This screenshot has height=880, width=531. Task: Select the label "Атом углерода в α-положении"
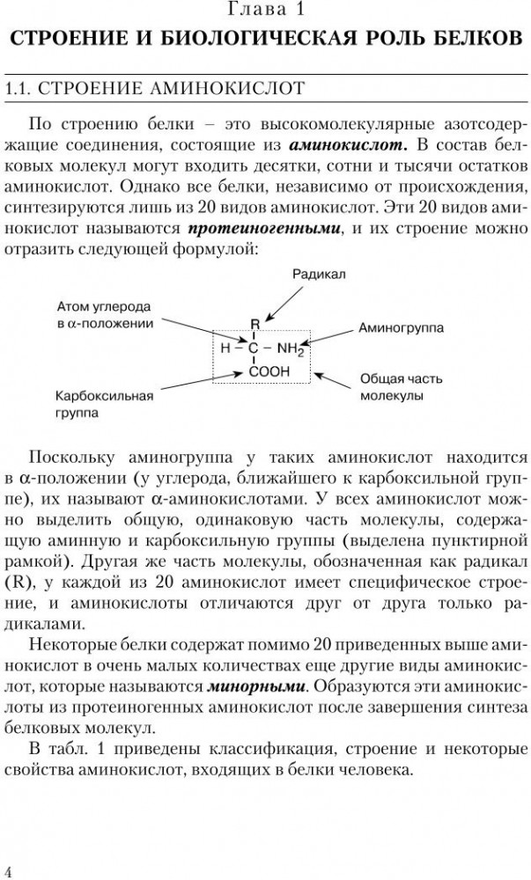click(103, 315)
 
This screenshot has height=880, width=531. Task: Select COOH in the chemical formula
click(269, 372)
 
